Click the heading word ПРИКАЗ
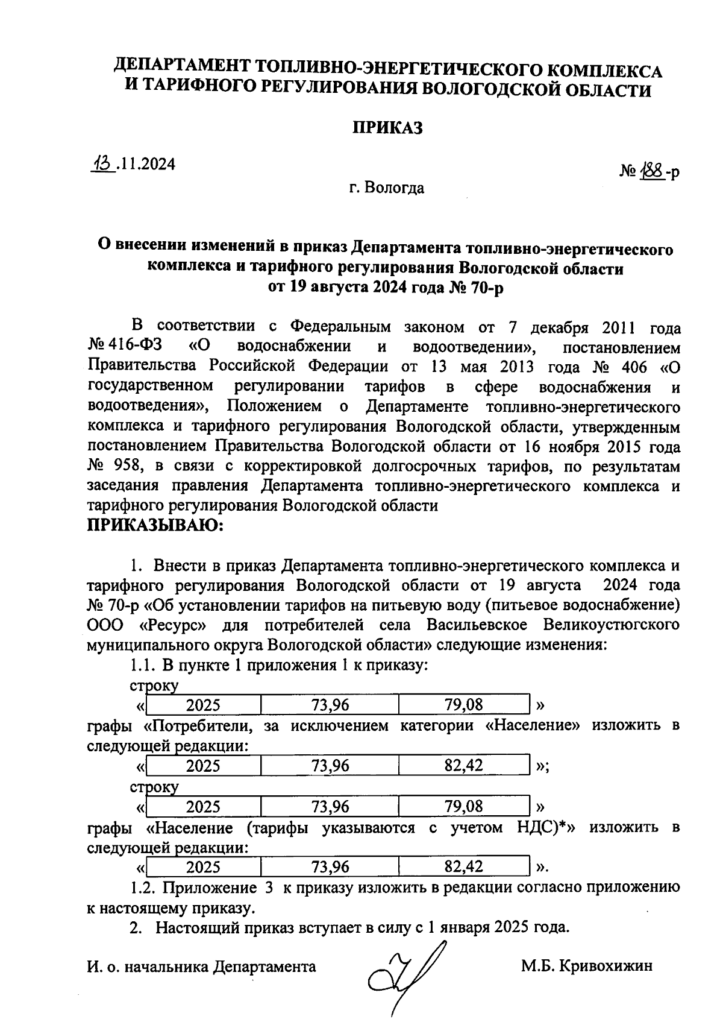(387, 128)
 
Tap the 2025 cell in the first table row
(203, 705)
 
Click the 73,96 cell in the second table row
(330, 766)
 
